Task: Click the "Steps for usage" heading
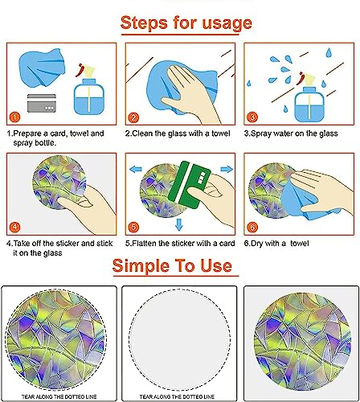tap(186, 23)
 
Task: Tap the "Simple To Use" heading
tap(172, 265)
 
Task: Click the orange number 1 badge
tap(14, 117)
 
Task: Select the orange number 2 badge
tap(133, 117)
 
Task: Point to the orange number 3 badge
tap(252, 117)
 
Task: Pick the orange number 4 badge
tap(14, 227)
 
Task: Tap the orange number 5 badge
tap(133, 228)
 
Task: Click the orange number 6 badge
tap(252, 228)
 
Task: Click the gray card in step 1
tap(42, 103)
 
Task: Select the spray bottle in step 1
tap(88, 90)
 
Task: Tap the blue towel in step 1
tap(43, 67)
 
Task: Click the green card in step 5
tap(190, 184)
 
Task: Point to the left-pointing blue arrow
tap(136, 169)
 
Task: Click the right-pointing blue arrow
tap(227, 169)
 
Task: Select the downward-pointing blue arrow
tap(179, 224)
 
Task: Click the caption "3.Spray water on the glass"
tap(291, 133)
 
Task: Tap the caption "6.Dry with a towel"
tap(276, 244)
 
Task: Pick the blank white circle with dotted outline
tap(180, 340)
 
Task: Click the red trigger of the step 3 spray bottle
tap(301, 78)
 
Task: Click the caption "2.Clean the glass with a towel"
tap(178, 133)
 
